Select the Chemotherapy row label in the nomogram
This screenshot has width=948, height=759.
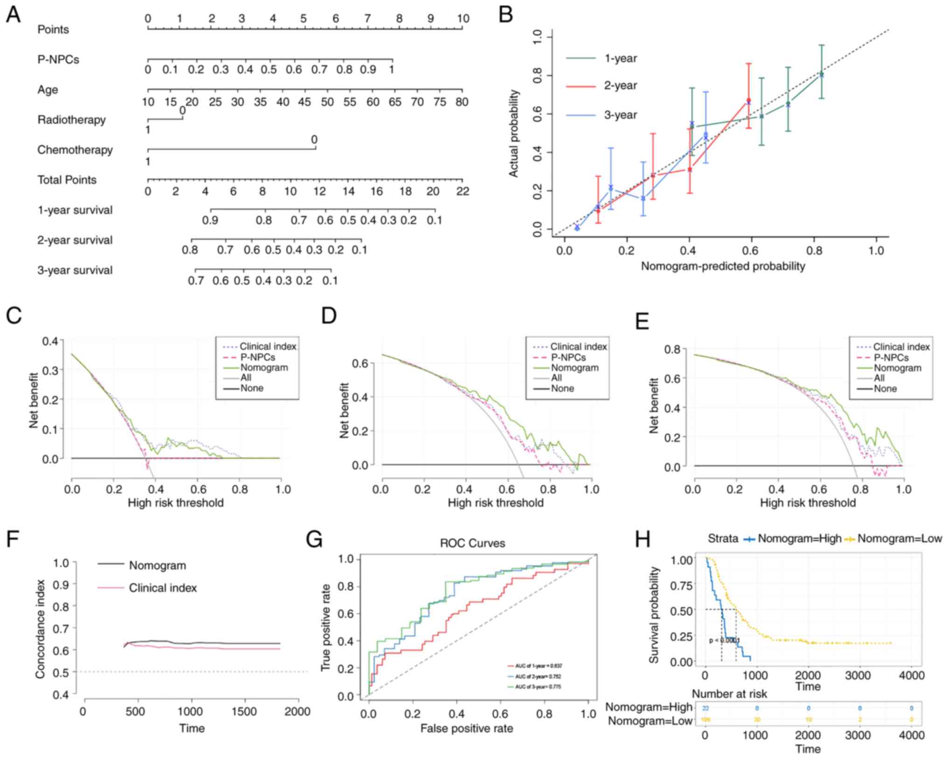pos(75,150)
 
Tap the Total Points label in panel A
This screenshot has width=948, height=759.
pos(67,180)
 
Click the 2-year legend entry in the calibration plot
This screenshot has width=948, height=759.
pos(620,86)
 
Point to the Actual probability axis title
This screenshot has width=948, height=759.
pos(514,134)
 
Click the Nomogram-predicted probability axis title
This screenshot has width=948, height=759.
pos(723,266)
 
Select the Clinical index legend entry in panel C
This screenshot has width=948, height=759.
pos(268,346)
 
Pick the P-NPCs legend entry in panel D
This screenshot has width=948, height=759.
pos(568,358)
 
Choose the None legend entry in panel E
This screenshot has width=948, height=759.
pos(885,389)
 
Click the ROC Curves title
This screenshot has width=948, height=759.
pos(472,543)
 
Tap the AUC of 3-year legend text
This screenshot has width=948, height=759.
pos(538,687)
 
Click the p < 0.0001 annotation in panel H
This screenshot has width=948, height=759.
pos(724,640)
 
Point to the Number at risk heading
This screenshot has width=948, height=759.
pos(729,694)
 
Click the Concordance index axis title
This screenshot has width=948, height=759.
pos(41,629)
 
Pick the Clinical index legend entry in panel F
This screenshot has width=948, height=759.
pos(162,588)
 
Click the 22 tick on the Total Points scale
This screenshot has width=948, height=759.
pos(462,191)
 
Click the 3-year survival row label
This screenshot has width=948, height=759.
pos(75,270)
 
